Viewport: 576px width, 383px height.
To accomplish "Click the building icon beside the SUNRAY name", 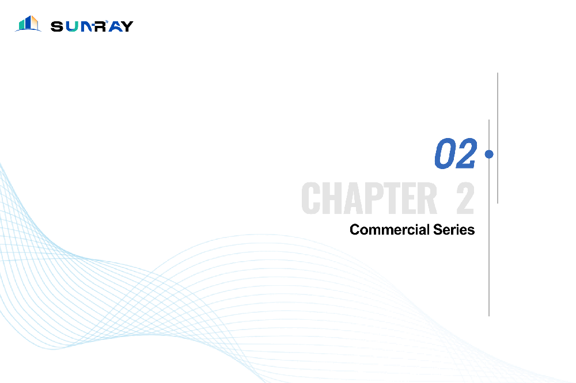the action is tap(28, 24).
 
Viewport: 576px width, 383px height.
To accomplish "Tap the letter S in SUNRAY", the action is tap(57, 26).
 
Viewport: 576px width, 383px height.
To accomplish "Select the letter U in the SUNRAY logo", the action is tap(72, 26).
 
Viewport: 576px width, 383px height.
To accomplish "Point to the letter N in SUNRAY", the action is tap(86, 26).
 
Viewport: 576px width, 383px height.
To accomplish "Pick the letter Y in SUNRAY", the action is tap(127, 26).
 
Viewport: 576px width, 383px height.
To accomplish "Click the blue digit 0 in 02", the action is tap(445, 154).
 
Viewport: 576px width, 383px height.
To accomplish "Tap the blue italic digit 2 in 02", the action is tap(466, 154).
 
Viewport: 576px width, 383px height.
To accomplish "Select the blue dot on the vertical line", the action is tap(489, 154).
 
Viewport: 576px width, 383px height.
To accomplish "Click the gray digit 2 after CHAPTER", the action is tap(465, 198).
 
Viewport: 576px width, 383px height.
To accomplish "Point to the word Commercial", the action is tap(389, 229).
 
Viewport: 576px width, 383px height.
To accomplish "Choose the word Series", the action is tap(454, 229).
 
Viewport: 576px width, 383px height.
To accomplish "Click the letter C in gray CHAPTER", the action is tap(310, 198).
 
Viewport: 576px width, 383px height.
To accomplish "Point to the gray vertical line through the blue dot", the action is tap(489, 217).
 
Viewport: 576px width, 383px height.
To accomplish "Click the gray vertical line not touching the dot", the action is tap(498, 138).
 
